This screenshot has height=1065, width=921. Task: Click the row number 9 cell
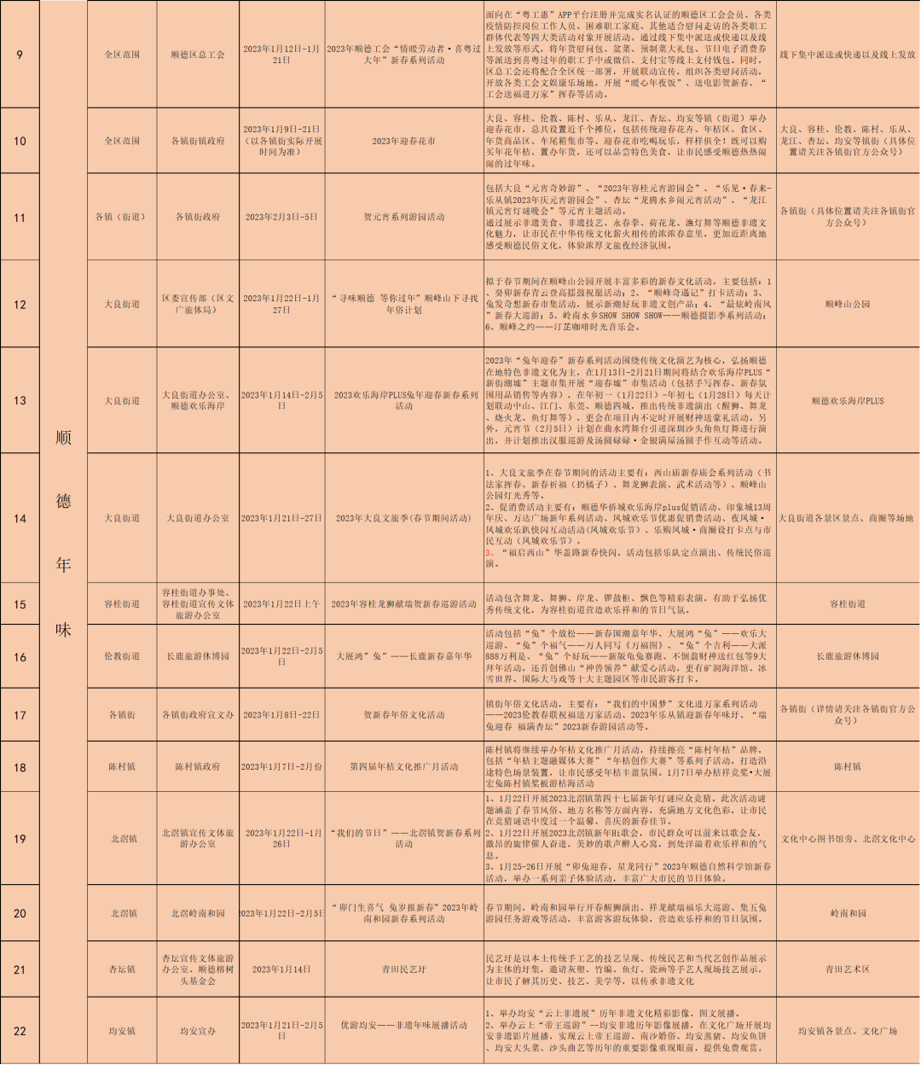pyautogui.click(x=20, y=55)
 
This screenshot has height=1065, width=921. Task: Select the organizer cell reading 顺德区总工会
pyautogui.click(x=198, y=55)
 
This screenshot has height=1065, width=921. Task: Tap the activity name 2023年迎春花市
pyautogui.click(x=403, y=141)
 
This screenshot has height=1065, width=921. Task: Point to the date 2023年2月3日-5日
pyautogui.click(x=281, y=217)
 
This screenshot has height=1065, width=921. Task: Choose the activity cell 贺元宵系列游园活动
pyautogui.click(x=403, y=217)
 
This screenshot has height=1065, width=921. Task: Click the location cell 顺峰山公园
pyautogui.click(x=847, y=304)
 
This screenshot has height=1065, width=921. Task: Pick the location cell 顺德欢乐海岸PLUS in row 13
pyautogui.click(x=847, y=400)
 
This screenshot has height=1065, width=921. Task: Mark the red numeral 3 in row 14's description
pyautogui.click(x=489, y=552)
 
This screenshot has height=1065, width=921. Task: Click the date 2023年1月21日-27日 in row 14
pyautogui.click(x=281, y=518)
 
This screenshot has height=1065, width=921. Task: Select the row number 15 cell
pyautogui.click(x=20, y=604)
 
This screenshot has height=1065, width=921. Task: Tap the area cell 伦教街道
pyautogui.click(x=122, y=656)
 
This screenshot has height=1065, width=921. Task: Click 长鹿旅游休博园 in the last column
pyautogui.click(x=847, y=656)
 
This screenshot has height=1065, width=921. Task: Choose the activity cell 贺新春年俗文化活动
pyautogui.click(x=403, y=714)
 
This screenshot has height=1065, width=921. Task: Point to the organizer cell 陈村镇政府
pyautogui.click(x=198, y=766)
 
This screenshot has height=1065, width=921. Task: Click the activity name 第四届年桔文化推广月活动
pyautogui.click(x=403, y=766)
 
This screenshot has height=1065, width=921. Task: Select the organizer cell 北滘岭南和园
pyautogui.click(x=198, y=913)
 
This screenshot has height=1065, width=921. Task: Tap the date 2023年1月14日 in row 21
pyautogui.click(x=281, y=969)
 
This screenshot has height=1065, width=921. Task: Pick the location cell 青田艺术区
pyautogui.click(x=847, y=969)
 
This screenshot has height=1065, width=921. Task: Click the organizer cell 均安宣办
pyautogui.click(x=198, y=1031)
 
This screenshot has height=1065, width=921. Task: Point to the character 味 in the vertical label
pyautogui.click(x=63, y=630)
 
